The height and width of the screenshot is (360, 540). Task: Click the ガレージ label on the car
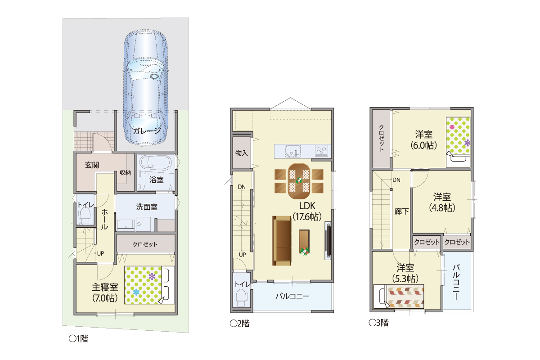[147, 131]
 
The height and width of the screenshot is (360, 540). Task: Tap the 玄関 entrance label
[92, 165]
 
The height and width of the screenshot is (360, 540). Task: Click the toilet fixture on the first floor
[85, 216]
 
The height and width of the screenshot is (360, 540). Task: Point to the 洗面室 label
[147, 207]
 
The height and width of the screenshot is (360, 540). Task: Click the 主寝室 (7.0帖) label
[105, 293]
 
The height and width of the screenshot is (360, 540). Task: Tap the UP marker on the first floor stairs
[100, 253]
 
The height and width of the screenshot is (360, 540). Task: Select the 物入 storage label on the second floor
[241, 153]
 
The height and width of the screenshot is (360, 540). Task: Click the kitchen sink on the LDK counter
[293, 151]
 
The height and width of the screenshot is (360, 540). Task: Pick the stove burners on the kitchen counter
[321, 151]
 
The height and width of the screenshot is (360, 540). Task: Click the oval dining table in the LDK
[299, 181]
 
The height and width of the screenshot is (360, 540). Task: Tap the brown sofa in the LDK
[282, 241]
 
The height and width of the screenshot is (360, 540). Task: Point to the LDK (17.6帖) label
[307, 211]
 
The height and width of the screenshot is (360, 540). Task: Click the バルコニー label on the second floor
[292, 296]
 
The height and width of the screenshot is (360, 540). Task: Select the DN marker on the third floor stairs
[396, 180]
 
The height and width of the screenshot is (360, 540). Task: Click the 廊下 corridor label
[401, 211]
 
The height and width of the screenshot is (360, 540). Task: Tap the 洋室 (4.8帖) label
[442, 202]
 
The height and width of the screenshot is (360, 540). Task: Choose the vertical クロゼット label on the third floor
[382, 138]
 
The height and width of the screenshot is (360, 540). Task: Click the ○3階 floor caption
[379, 323]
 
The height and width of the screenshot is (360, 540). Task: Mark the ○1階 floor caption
[79, 338]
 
